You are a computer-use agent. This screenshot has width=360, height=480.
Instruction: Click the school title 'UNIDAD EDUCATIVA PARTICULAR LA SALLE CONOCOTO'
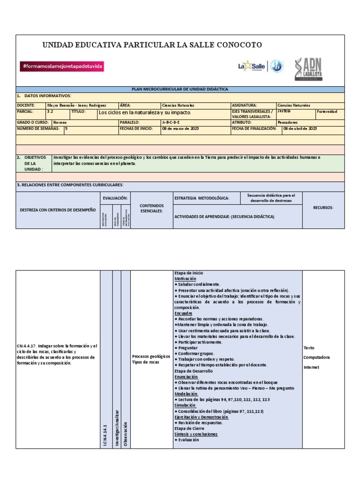(x=152, y=45)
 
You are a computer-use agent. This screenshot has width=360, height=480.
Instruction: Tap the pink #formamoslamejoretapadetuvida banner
(x=62, y=67)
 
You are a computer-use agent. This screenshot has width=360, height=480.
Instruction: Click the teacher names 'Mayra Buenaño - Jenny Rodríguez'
(x=76, y=105)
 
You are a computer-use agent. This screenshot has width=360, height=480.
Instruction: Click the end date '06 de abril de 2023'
(x=300, y=128)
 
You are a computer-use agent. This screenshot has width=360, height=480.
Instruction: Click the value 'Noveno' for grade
(x=60, y=121)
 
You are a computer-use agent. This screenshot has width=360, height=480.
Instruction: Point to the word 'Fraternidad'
(x=327, y=112)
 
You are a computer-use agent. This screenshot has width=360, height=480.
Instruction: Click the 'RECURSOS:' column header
(x=323, y=207)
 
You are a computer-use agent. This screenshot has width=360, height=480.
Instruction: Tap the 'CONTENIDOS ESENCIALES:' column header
(x=151, y=208)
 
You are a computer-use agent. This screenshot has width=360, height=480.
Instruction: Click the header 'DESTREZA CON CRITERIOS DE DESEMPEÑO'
(x=58, y=210)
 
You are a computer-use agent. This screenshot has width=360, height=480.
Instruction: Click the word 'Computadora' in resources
(x=317, y=357)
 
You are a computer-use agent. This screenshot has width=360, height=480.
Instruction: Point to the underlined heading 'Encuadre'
(x=183, y=313)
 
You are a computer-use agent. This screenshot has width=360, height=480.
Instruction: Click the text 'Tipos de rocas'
(x=146, y=362)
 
